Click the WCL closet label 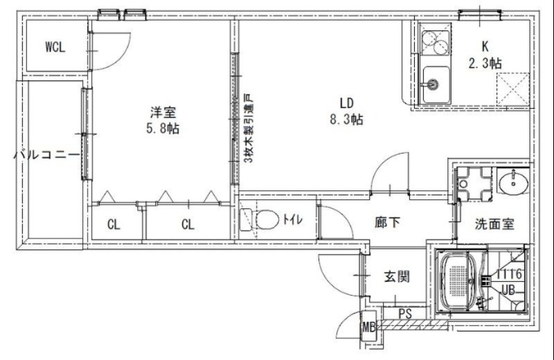click(x=55, y=48)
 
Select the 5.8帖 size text click(x=163, y=129)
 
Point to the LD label click(x=346, y=103)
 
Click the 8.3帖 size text click(x=346, y=120)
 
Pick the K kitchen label click(x=485, y=46)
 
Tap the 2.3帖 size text click(x=485, y=63)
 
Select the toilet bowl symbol click(x=262, y=219)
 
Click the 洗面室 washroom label click(x=494, y=224)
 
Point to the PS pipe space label click(x=405, y=314)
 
